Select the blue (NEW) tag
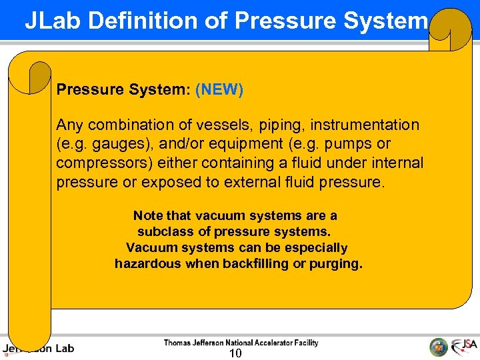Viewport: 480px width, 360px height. click(219, 89)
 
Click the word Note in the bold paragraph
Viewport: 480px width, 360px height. click(147, 215)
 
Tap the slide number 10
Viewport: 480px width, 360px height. click(235, 353)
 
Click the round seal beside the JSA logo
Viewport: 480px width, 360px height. click(438, 347)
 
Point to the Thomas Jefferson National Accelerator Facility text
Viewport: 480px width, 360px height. click(241, 343)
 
